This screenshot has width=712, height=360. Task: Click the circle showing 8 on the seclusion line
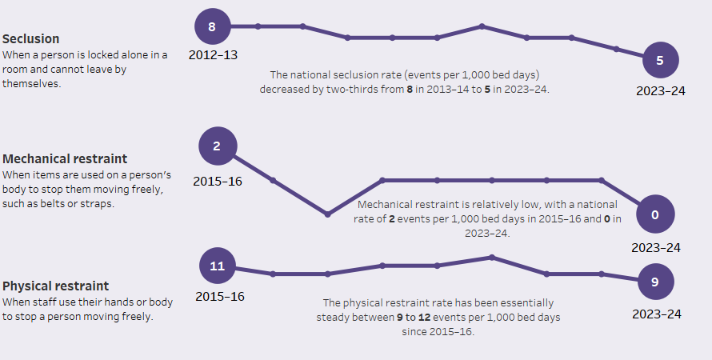pyautogui.click(x=212, y=26)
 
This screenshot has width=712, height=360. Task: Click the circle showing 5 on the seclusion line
pyautogui.click(x=660, y=60)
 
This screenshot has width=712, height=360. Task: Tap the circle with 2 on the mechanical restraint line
pyautogui.click(x=217, y=146)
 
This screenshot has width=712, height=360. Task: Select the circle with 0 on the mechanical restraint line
pyautogui.click(x=655, y=214)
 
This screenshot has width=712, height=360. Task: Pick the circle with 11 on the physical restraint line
pyautogui.click(x=218, y=266)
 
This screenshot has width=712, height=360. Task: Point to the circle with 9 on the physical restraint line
pyautogui.click(x=655, y=282)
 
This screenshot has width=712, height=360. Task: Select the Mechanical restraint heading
pyautogui.click(x=65, y=158)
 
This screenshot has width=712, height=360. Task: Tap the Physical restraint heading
pyautogui.click(x=56, y=286)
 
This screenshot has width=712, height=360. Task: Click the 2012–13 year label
pyautogui.click(x=213, y=55)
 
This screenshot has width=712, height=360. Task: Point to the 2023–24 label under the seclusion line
pyautogui.click(x=660, y=90)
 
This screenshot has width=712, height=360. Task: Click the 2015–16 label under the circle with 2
pyautogui.click(x=218, y=181)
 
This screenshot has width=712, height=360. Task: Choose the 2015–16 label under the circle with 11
pyautogui.click(x=219, y=296)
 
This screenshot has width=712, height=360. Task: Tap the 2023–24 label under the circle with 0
pyautogui.click(x=655, y=247)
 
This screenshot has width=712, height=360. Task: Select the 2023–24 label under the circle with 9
pyautogui.click(x=657, y=314)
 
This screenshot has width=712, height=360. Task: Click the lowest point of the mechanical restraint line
pyautogui.click(x=327, y=214)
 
